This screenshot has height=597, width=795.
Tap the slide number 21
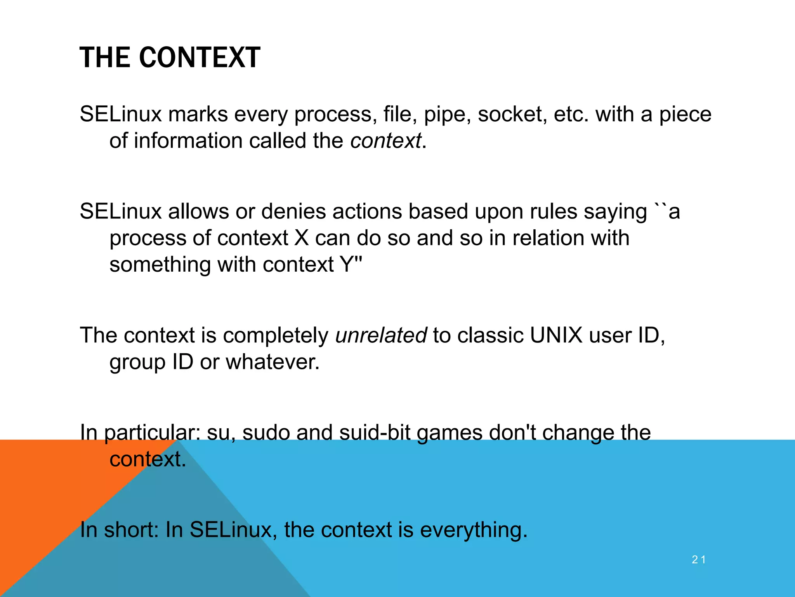click(698, 560)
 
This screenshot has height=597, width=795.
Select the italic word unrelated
click(381, 335)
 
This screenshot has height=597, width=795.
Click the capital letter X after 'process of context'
click(301, 238)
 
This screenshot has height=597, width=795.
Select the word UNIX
click(556, 335)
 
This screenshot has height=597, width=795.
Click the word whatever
click(273, 362)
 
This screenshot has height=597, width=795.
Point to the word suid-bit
click(375, 432)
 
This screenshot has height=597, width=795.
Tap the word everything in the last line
click(474, 530)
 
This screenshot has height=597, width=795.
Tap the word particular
click(152, 433)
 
